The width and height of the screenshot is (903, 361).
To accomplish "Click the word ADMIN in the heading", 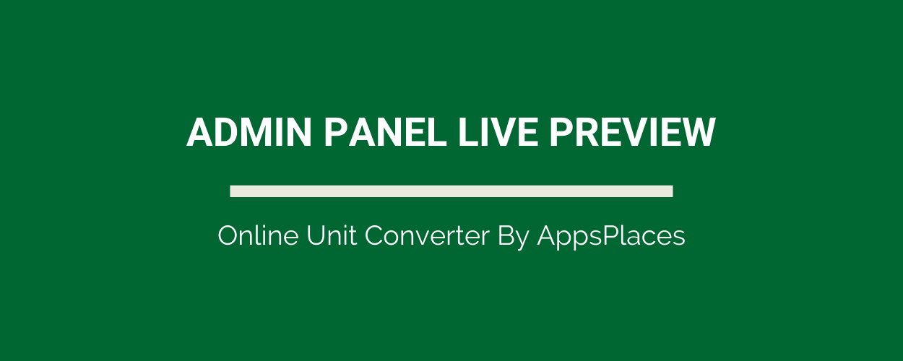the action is click(249, 132).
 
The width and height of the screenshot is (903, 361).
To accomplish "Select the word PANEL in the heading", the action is click(385, 132).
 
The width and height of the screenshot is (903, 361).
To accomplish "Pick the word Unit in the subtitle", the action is click(332, 235).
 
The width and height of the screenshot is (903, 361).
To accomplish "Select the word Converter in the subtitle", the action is click(427, 235).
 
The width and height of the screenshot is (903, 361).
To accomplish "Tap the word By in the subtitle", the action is click(513, 237).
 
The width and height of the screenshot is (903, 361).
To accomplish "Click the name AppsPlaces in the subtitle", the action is click(611, 237).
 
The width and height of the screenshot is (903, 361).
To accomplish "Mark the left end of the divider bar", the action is click(230, 191).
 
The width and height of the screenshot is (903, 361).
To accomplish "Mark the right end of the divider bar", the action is click(673, 191).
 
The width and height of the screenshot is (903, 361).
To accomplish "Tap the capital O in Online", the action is click(229, 235).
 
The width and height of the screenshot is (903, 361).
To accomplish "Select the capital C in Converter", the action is click(375, 235).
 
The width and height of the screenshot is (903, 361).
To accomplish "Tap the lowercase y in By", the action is click(522, 240).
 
